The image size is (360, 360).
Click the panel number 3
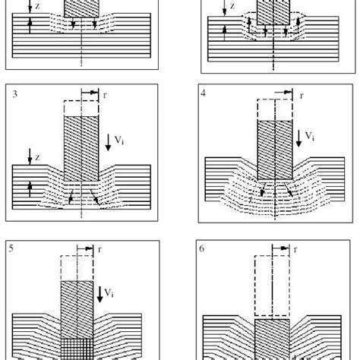15,95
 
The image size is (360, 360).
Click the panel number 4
204,95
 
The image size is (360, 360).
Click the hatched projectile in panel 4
274,156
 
